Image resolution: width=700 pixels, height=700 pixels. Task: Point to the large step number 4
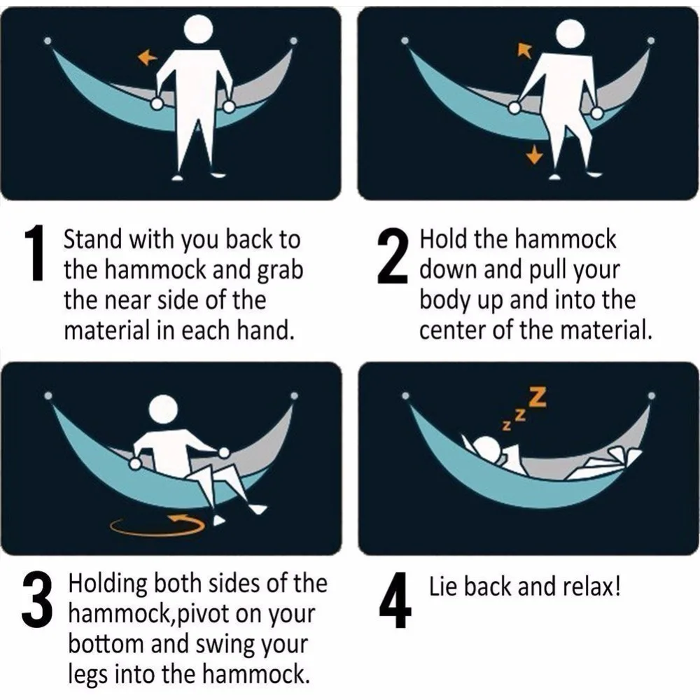point(395,603)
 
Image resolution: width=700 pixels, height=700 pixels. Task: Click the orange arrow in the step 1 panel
point(147,58)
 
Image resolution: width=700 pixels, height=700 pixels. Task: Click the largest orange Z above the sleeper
point(537,398)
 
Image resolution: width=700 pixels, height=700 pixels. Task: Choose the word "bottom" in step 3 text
point(104,645)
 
